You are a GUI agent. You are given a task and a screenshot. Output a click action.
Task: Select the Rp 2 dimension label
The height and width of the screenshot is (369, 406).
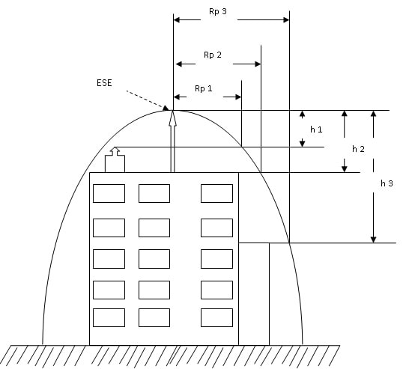click(213, 55)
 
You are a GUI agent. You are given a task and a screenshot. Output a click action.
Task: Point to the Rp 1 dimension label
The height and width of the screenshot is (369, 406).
click(204, 88)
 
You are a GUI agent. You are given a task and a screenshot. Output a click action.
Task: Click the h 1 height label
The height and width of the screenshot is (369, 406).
click(316, 129)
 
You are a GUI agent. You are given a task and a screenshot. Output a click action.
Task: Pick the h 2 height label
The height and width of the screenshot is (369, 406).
click(358, 150)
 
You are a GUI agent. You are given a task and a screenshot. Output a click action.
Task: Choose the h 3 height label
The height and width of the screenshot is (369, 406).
click(387, 183)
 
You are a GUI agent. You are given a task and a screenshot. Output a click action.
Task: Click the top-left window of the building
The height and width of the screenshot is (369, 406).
click(109, 193)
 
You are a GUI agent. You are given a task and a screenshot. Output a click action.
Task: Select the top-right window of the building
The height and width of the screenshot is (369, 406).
click(216, 193)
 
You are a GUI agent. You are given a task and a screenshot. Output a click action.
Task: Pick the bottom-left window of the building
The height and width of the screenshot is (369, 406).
click(109, 317)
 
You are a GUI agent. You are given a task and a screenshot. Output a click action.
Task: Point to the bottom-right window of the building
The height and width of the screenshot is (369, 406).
click(216, 317)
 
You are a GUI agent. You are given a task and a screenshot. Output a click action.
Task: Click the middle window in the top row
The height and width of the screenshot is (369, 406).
click(154, 193)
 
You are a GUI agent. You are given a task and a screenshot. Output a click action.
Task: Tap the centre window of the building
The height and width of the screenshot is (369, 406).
click(154, 257)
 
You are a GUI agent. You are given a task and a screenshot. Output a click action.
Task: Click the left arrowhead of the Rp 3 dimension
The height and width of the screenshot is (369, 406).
click(178, 20)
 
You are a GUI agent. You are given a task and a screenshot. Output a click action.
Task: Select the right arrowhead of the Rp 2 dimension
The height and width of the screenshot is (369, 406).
click(257, 64)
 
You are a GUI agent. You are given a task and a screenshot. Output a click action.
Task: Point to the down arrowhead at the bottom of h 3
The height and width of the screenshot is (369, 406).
click(373, 238)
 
